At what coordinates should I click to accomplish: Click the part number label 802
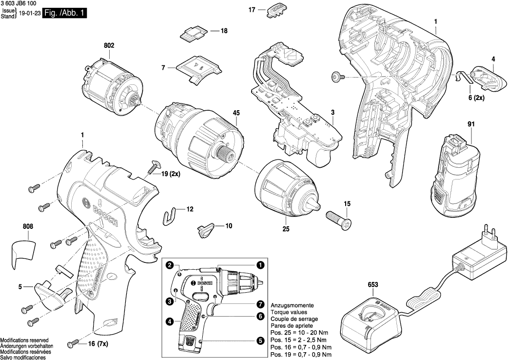[x=109, y=45]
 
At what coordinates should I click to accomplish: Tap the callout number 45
[x=236, y=113]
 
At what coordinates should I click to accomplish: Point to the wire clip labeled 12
[x=170, y=214]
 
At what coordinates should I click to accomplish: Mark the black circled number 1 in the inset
[x=260, y=265]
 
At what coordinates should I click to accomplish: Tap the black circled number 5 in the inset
[x=260, y=343]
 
